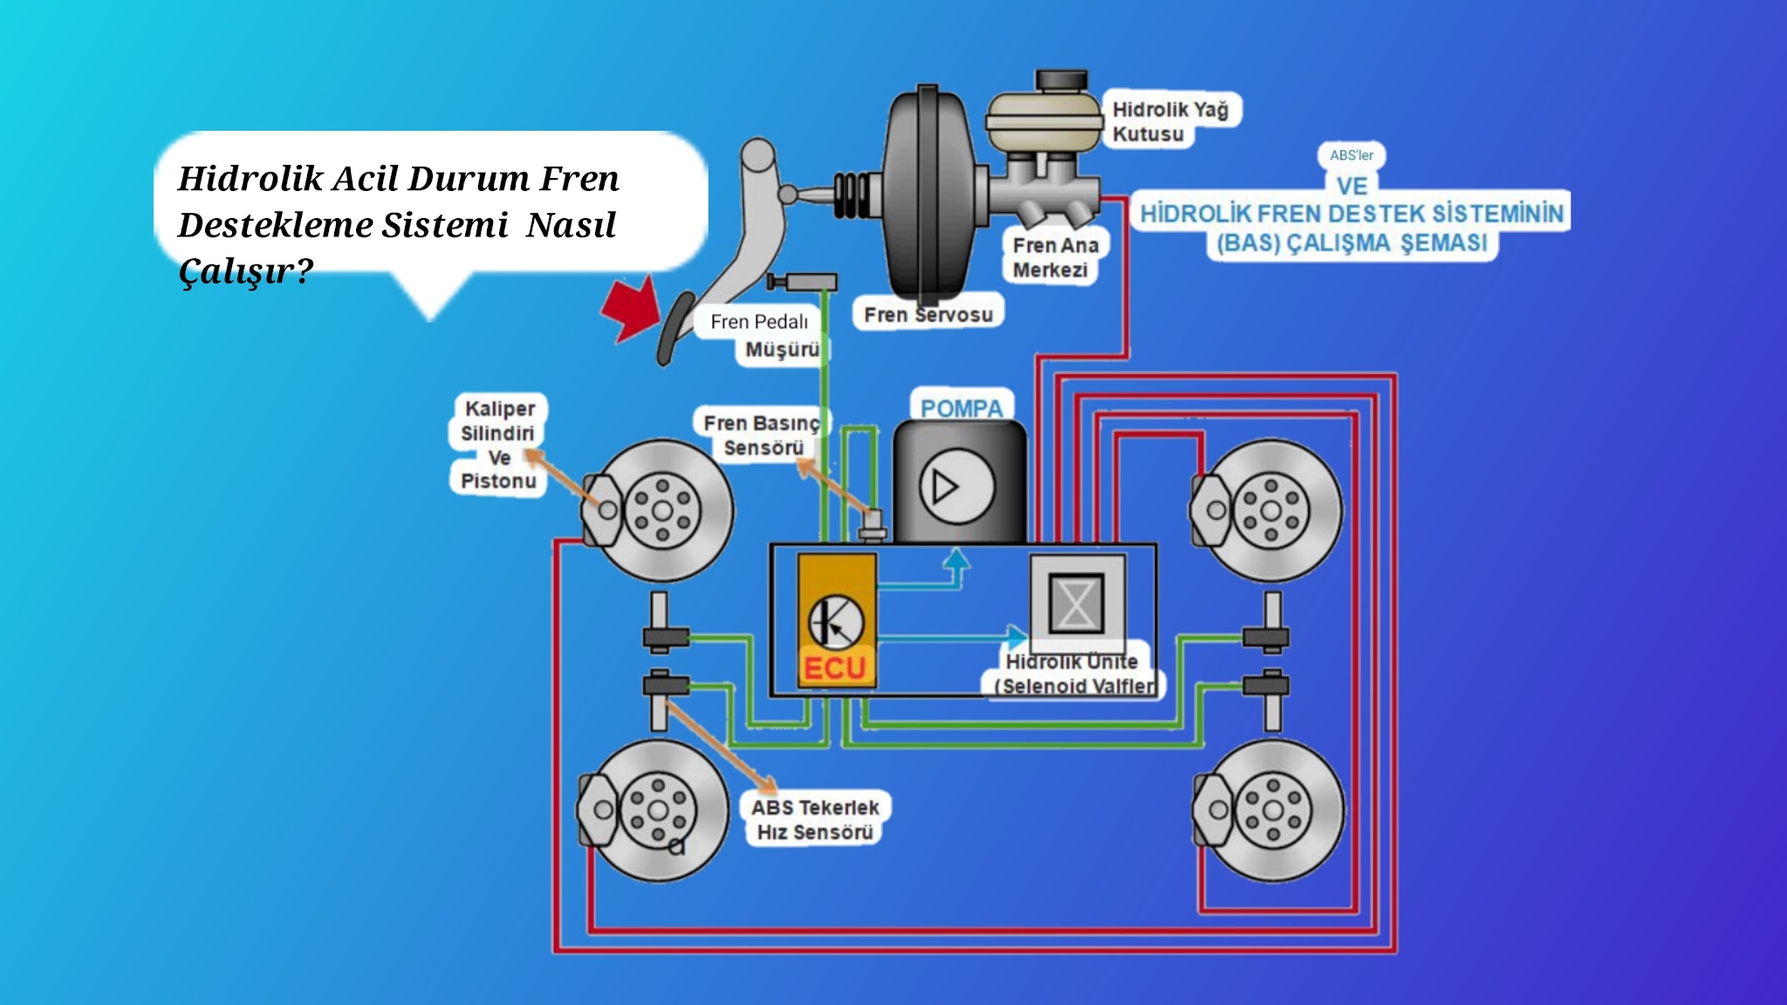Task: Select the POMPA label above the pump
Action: click(962, 407)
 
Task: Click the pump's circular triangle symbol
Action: click(956, 487)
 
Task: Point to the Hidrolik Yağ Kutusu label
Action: click(1169, 121)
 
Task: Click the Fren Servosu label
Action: click(928, 314)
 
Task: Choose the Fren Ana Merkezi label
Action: click(1055, 257)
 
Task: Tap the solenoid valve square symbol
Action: click(1076, 603)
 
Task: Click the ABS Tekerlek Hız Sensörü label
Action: click(815, 819)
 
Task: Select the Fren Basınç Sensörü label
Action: click(762, 434)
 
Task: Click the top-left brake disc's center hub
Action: click(662, 510)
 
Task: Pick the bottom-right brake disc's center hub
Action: click(1273, 810)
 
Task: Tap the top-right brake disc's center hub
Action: click(1271, 511)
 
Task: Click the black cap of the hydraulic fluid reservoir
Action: click(1061, 80)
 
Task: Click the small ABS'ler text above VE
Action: click(1351, 155)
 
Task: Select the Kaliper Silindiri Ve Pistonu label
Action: click(498, 445)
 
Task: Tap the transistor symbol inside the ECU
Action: click(835, 622)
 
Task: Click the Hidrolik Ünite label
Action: click(1072, 661)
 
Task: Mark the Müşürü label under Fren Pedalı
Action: click(782, 350)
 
